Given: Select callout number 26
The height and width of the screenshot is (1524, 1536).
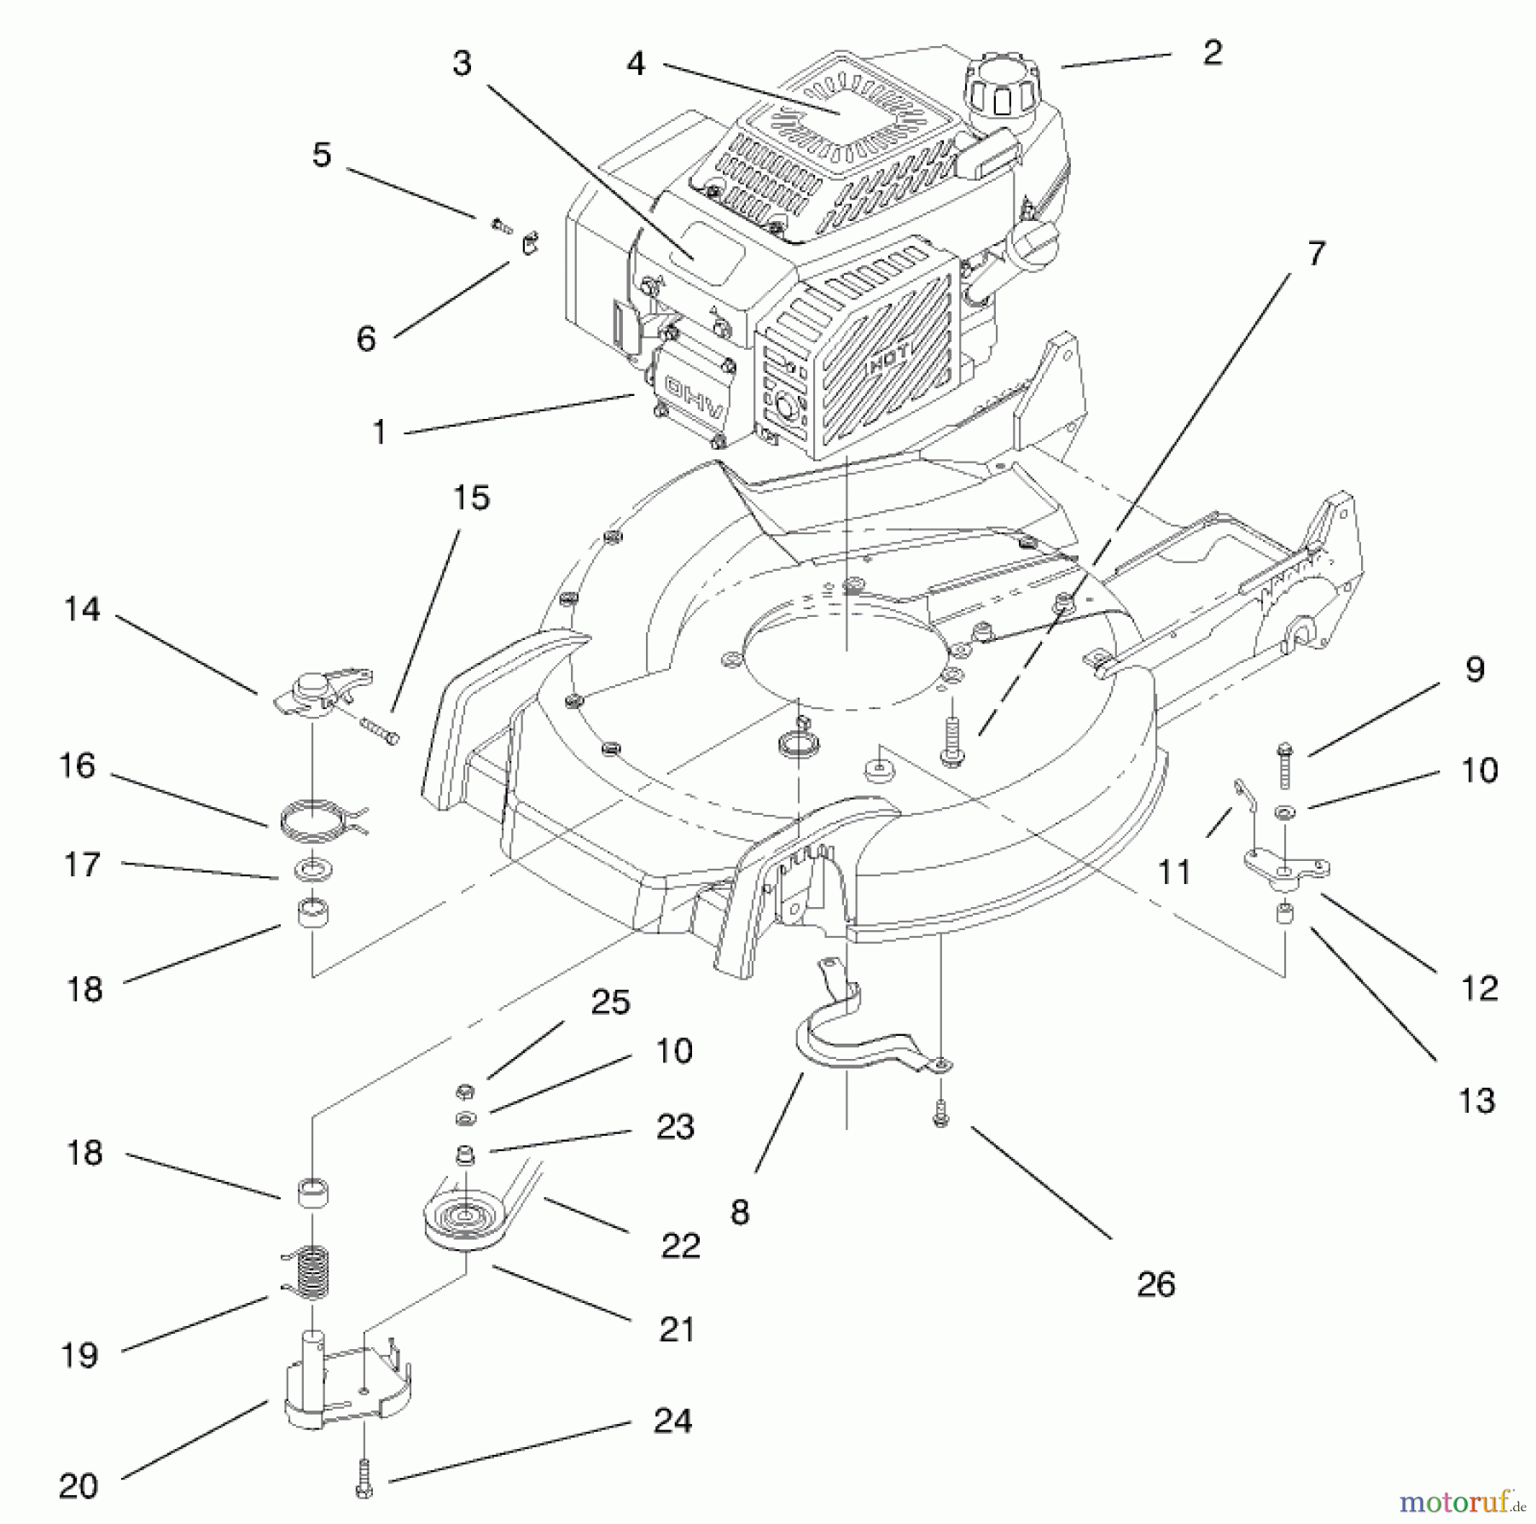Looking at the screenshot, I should (x=1156, y=1284).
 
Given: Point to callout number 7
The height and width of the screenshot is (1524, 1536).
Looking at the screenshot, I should (x=1316, y=253).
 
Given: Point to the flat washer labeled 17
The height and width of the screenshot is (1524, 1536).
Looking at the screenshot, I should (x=314, y=871).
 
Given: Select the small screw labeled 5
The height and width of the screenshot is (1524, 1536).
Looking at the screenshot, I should (x=501, y=225).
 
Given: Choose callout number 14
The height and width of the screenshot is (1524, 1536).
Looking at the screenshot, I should (x=82, y=609).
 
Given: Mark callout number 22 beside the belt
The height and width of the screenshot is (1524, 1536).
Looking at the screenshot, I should (x=680, y=1246).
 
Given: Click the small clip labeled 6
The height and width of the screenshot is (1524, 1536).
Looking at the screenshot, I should (x=530, y=243).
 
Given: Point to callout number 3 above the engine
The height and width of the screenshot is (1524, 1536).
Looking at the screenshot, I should (x=462, y=63).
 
